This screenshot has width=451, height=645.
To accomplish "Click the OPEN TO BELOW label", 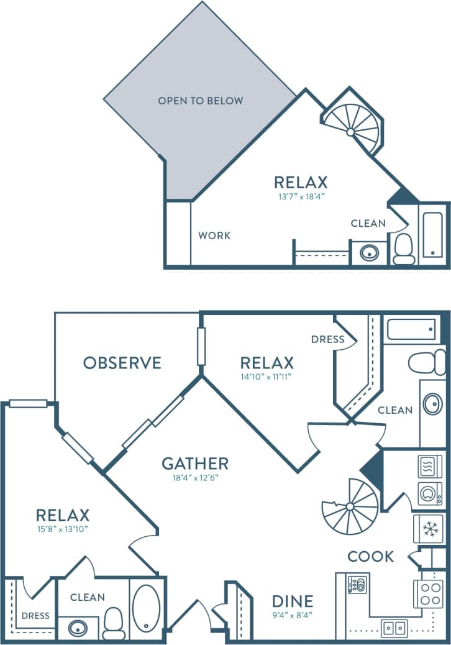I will tap(200, 100).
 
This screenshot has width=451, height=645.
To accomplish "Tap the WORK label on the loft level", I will tap(214, 236).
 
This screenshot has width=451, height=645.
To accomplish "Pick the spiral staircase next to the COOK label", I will tap(350, 506).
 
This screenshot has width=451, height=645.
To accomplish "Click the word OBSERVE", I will tap(122, 363).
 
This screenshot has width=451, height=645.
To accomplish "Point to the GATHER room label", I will tap(195, 464).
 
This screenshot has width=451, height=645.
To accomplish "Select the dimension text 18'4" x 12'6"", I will tap(195, 478).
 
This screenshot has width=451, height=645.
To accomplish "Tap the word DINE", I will tap(293, 601).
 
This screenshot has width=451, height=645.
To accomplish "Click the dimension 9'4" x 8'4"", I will tap(293, 615).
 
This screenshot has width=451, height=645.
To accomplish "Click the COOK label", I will tap(370, 556).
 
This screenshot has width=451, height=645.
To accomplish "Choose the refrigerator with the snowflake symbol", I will tap(428, 528).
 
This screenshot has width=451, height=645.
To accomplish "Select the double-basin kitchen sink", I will tap(394, 628).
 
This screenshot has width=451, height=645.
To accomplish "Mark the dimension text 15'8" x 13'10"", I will tap(63, 529).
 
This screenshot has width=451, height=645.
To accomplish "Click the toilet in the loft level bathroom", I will tap(404, 249).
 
